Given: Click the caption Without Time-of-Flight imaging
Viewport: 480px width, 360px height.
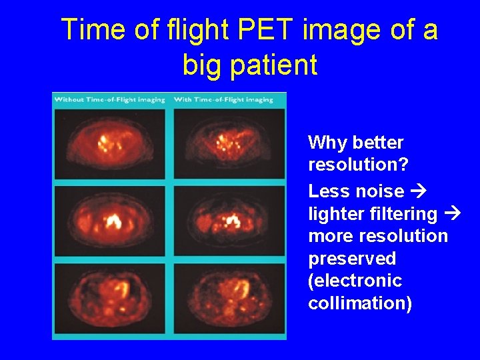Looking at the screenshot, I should (x=110, y=99).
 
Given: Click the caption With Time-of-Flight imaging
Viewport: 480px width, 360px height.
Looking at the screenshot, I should (x=223, y=99).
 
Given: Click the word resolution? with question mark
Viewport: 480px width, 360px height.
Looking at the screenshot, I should (x=351, y=165).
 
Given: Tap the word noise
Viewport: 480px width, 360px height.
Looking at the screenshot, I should (x=379, y=191).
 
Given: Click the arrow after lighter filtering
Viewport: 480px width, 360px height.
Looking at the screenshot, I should (x=452, y=214).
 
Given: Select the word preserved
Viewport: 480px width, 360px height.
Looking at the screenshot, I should (x=352, y=259).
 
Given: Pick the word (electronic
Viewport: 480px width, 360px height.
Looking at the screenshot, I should (x=355, y=281).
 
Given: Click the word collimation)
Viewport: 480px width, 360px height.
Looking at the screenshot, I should (x=360, y=303).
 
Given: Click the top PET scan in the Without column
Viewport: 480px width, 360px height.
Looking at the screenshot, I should (x=110, y=143).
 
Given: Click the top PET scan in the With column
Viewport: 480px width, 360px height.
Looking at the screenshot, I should (x=229, y=143).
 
